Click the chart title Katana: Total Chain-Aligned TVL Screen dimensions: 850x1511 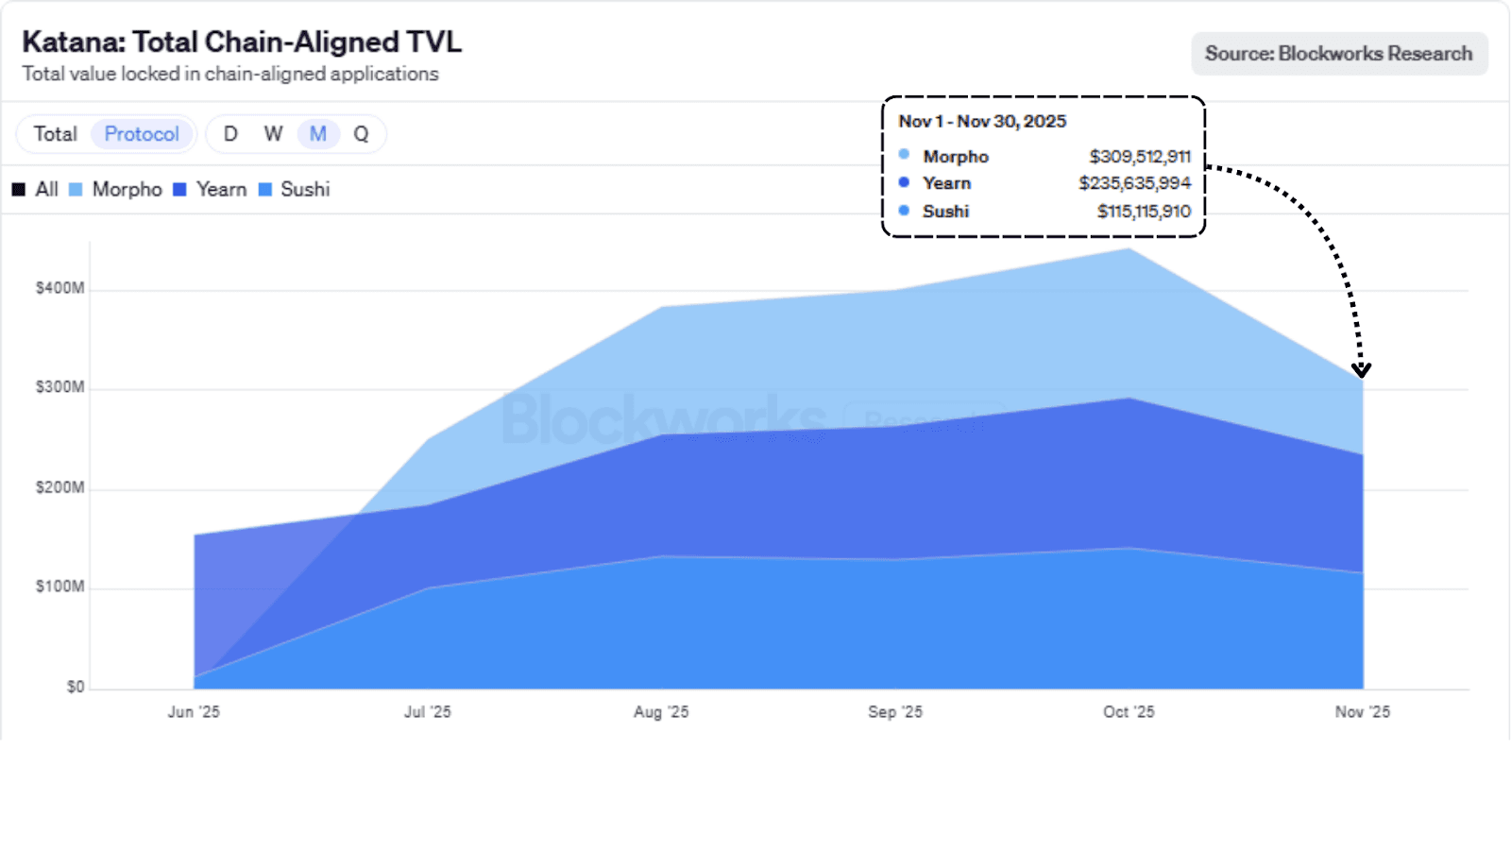(242, 42)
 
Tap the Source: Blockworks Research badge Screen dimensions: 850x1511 (1338, 54)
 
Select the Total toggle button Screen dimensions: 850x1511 (56, 134)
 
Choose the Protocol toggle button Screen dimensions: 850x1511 (142, 134)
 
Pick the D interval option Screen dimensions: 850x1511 (230, 134)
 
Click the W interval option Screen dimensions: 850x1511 (273, 134)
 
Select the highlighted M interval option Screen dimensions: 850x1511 (318, 134)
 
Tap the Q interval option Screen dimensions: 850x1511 (361, 134)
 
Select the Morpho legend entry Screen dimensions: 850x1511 (116, 190)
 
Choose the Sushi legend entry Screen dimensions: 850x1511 (295, 190)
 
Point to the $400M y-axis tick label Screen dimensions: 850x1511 (59, 288)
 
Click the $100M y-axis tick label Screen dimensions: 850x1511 (59, 586)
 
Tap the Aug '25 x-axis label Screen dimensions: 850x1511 (661, 712)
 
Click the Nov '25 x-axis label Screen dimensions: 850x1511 (1362, 712)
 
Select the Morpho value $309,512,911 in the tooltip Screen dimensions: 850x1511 (1140, 157)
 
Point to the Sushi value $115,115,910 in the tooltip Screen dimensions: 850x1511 (1144, 212)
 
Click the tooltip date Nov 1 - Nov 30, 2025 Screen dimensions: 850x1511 (982, 122)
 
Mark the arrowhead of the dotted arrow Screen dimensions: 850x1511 (1361, 369)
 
